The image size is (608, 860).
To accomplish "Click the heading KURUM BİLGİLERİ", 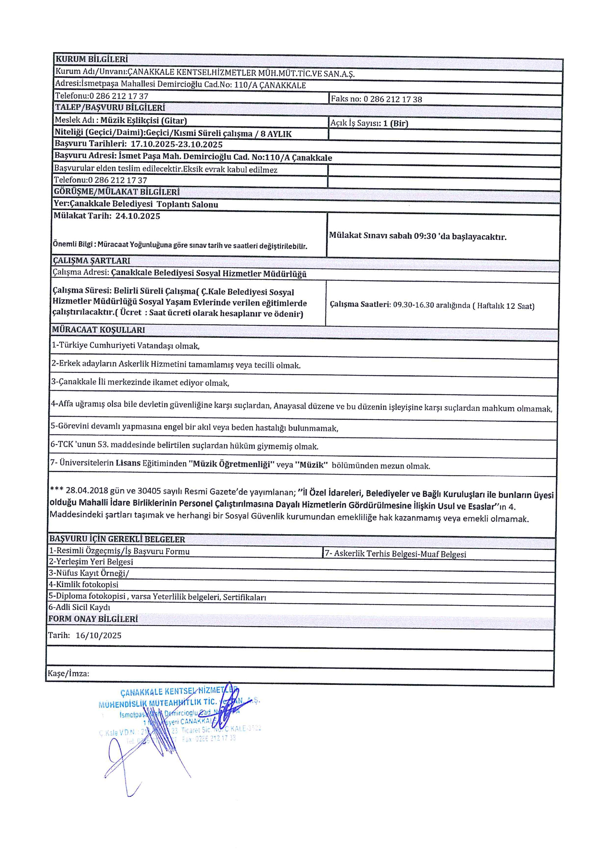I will [92, 59].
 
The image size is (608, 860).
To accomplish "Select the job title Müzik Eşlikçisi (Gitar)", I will [143, 121].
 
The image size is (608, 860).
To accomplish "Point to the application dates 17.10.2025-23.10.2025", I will [176, 144].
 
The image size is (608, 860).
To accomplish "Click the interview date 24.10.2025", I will [137, 216].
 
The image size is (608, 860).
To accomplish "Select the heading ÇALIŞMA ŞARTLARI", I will [91, 261].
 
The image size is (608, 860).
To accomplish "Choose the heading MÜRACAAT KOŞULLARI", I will [98, 330].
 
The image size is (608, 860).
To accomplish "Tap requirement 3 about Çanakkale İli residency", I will [140, 382].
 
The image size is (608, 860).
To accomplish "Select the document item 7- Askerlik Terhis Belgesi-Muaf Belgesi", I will [395, 554].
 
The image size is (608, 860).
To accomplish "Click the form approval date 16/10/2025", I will [98, 635].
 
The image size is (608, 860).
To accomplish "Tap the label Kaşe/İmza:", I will [68, 673].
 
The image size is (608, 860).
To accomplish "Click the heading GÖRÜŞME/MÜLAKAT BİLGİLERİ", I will [117, 192].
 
